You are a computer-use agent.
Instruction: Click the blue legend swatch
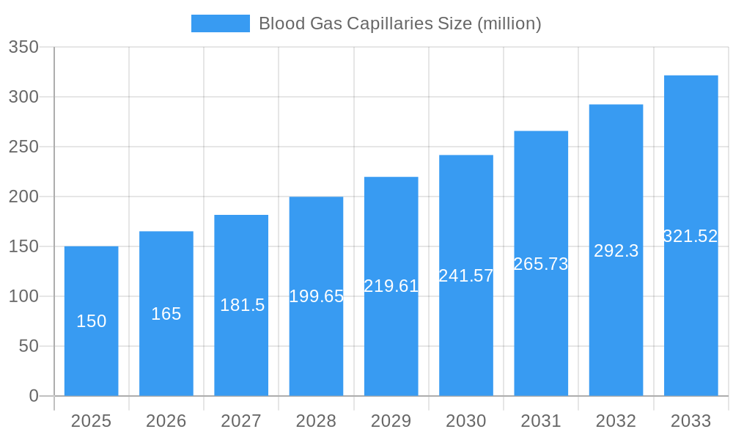[x=220, y=23]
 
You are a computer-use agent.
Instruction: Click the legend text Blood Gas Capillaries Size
[x=399, y=23]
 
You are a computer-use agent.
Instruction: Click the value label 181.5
[x=242, y=305]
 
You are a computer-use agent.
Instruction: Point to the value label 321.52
[x=690, y=236]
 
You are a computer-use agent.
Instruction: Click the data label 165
[x=166, y=314]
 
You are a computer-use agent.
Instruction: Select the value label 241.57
[x=466, y=276]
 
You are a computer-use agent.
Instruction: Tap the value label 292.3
[x=616, y=251]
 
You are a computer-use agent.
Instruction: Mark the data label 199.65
[x=317, y=296]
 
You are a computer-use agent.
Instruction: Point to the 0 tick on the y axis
[x=34, y=396]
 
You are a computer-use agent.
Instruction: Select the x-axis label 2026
[x=166, y=421]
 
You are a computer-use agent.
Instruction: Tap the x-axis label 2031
[x=541, y=421]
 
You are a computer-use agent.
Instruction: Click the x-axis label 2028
[x=317, y=421]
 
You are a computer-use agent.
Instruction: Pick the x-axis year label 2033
[x=690, y=421]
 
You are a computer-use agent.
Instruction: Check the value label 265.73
[x=541, y=264]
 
